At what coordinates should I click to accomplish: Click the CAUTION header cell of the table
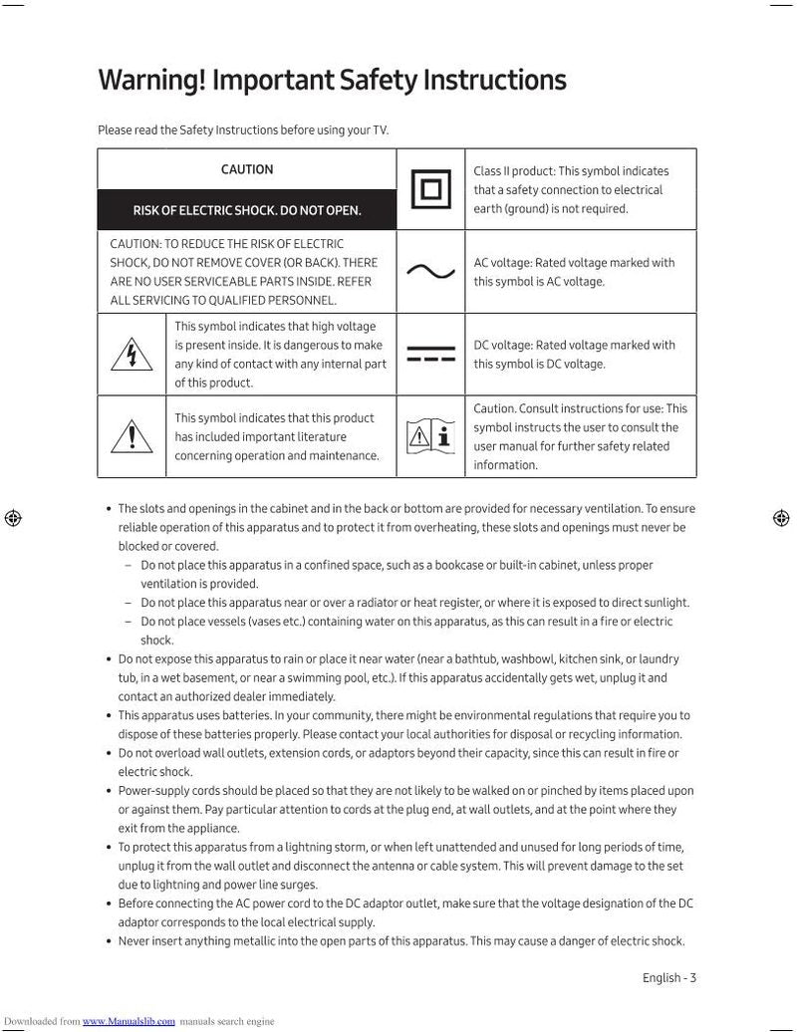pyautogui.click(x=247, y=169)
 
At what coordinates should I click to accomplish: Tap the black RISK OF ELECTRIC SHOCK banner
pyautogui.click(x=247, y=210)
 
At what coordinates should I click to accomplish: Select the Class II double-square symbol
pyautogui.click(x=430, y=189)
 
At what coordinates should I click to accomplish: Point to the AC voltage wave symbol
pyautogui.click(x=430, y=272)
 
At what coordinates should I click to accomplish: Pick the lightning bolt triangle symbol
pyautogui.click(x=132, y=354)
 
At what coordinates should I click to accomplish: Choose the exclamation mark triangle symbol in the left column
pyautogui.click(x=132, y=436)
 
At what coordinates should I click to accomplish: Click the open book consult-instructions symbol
pyautogui.click(x=430, y=436)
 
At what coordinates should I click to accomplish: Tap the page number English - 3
pyautogui.click(x=668, y=977)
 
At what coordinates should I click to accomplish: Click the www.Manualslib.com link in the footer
pyautogui.click(x=129, y=1021)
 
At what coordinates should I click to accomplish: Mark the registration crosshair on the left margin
pyautogui.click(x=13, y=518)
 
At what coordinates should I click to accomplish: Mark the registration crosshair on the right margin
pyautogui.click(x=782, y=518)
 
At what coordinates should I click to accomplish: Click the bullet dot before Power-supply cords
pyautogui.click(x=109, y=791)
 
